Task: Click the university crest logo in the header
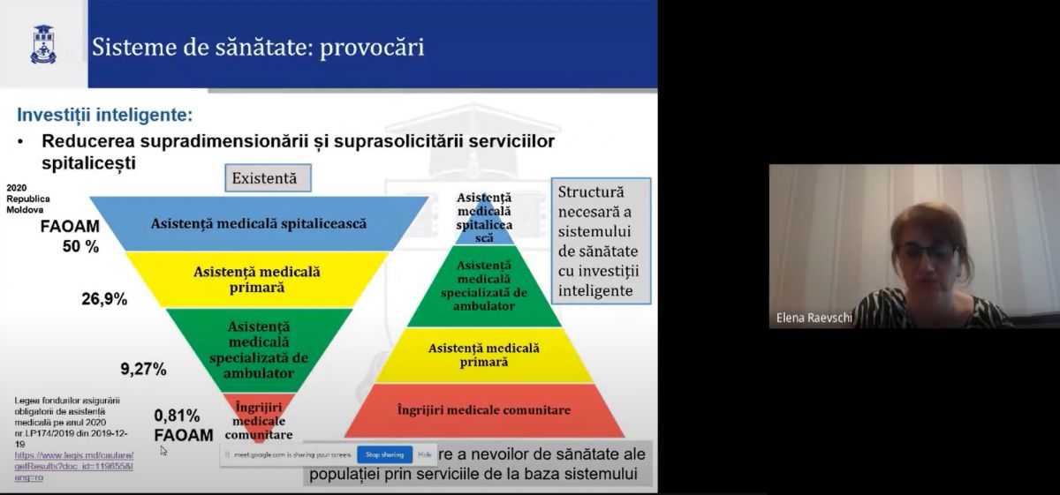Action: click(43, 44)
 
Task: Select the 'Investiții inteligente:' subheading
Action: click(105, 115)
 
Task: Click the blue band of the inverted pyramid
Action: click(258, 223)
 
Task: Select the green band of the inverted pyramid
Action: click(258, 349)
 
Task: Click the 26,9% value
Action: click(104, 299)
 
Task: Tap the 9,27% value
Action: click(143, 369)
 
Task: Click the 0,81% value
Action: click(177, 416)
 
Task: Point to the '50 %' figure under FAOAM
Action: click(80, 247)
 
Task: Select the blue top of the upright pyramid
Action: click(483, 217)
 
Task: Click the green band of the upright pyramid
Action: click(483, 286)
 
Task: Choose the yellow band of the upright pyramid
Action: click(483, 355)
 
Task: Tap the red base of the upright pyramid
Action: click(483, 410)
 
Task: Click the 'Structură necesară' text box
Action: click(600, 240)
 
